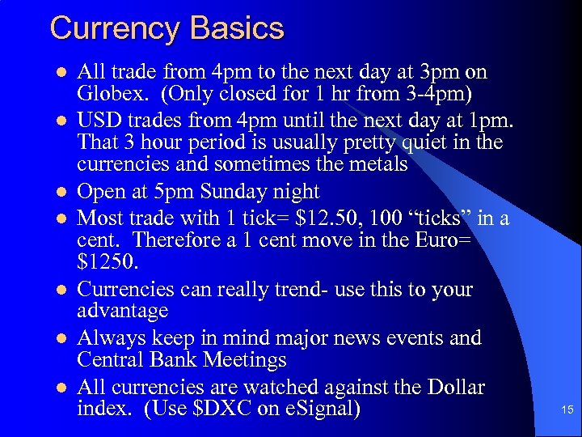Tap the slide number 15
click(567, 410)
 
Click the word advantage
click(123, 311)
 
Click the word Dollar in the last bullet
click(451, 387)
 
